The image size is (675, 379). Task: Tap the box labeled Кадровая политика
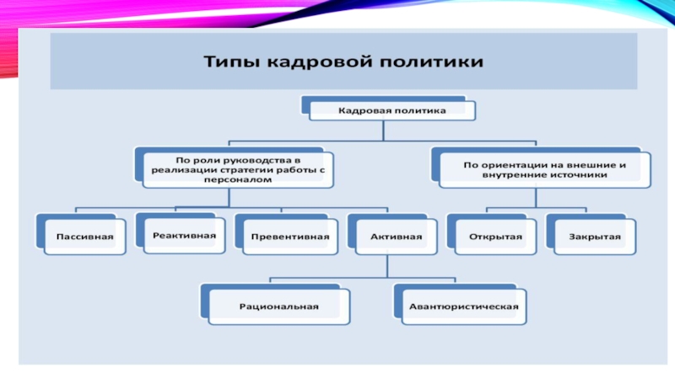[x=392, y=111]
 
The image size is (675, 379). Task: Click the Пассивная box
[x=85, y=237]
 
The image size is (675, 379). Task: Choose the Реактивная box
[x=184, y=236]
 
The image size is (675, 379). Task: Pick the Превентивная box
[x=290, y=237]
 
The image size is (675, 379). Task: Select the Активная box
[x=396, y=237]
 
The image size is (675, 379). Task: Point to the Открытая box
[x=495, y=237]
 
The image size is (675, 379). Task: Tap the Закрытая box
[x=595, y=237]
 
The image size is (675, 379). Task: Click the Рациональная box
[x=279, y=307]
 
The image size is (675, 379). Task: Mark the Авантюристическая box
[x=463, y=307]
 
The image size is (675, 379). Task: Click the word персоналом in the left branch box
[x=238, y=179]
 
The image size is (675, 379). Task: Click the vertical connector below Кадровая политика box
[x=383, y=131]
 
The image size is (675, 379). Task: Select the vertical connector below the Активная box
[x=387, y=266]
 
